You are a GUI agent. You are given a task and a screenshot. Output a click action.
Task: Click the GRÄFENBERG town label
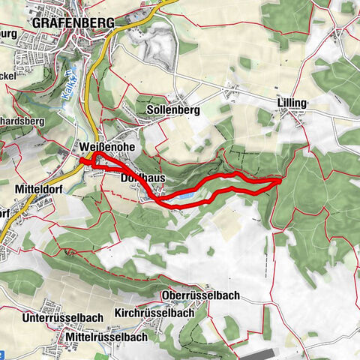(73, 22)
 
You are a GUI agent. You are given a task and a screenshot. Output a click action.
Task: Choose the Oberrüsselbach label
(200, 295)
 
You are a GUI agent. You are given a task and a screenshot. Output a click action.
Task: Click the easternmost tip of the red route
(280, 180)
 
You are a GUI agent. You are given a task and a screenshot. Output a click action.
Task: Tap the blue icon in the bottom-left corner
(3, 355)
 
